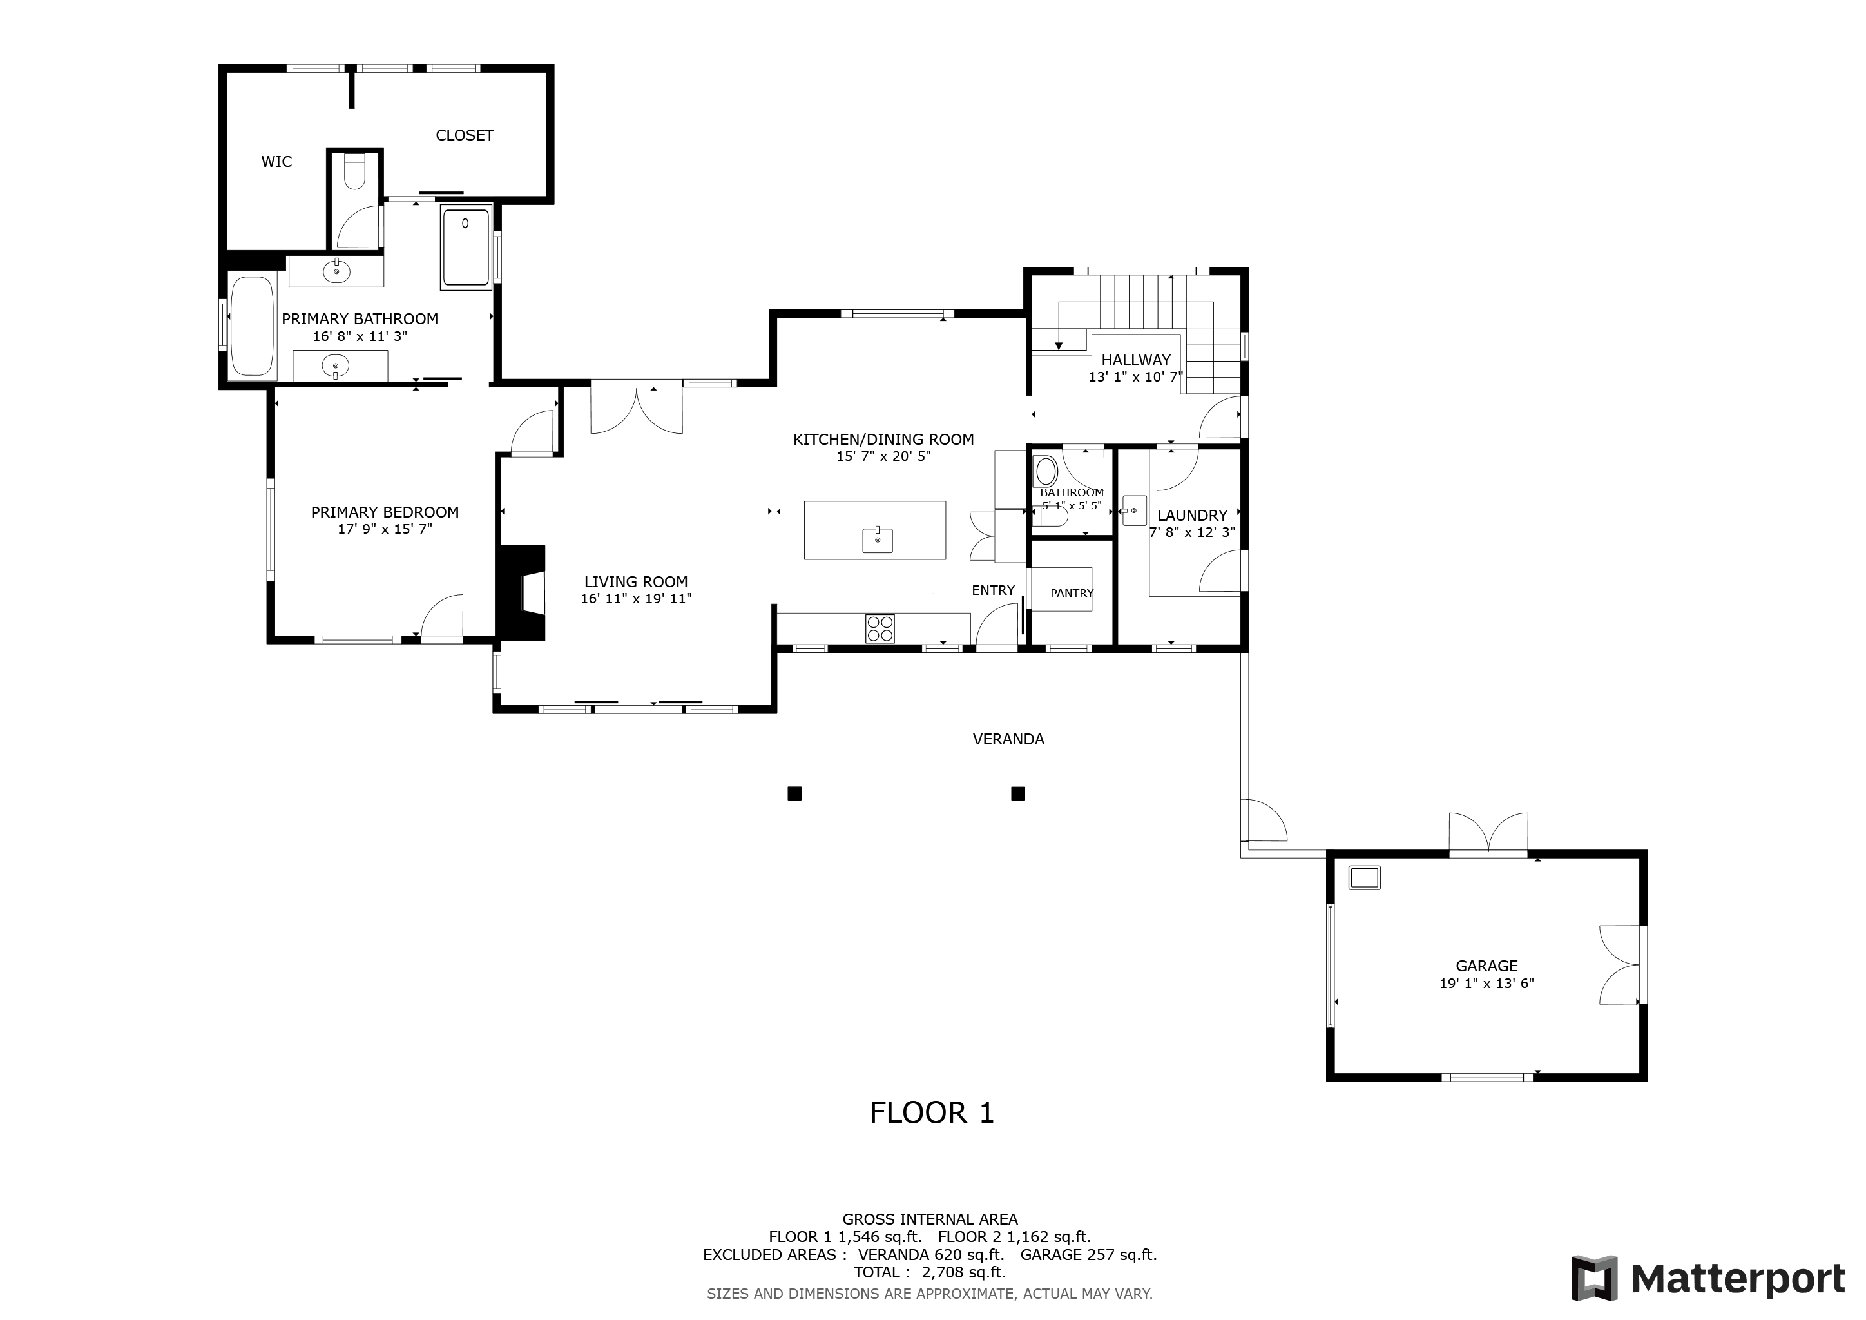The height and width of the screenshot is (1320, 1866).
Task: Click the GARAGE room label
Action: coord(1486,966)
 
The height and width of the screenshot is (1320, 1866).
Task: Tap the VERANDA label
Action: coord(1008,739)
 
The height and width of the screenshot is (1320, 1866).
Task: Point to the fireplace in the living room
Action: coord(522,592)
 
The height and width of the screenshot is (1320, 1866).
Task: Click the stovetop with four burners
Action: coord(880,628)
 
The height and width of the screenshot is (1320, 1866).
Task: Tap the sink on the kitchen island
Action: coord(878,539)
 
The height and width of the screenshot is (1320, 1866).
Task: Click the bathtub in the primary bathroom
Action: coord(252,326)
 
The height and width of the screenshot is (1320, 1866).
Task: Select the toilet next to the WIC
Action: coord(355,172)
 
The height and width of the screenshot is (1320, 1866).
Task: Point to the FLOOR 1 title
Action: coord(931,1112)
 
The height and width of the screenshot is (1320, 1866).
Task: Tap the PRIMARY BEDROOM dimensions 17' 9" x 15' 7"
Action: coord(385,529)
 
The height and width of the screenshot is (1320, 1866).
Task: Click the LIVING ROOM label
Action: coord(635,581)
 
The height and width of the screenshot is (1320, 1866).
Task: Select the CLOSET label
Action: coord(465,135)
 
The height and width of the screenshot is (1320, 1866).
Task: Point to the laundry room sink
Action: coord(1134,510)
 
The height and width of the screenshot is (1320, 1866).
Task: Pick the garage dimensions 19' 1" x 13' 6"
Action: coord(1486,983)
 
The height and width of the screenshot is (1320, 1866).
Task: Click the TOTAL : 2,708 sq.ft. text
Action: coord(930,1272)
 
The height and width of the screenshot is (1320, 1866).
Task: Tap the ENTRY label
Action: coord(993,590)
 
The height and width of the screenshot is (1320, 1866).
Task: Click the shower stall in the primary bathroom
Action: coord(466,246)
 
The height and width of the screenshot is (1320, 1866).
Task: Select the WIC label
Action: coord(276,162)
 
